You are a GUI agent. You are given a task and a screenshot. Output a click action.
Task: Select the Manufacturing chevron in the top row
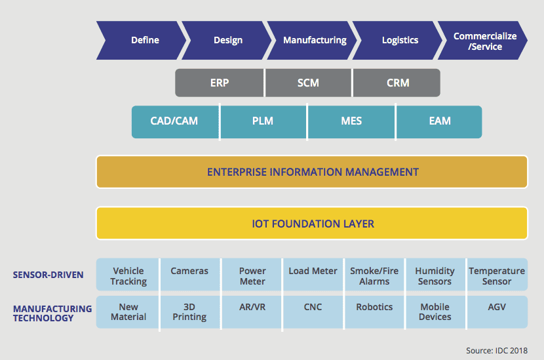313,40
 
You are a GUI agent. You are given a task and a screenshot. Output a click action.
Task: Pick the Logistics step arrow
399,40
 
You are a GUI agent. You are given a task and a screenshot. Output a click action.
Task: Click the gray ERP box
220,83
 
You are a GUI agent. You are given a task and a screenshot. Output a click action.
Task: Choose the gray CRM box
397,83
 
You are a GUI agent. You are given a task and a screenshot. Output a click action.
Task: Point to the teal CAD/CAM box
175,121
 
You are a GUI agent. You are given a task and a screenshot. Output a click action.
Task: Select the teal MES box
351,121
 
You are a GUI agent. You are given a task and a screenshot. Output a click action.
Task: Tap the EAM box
439,121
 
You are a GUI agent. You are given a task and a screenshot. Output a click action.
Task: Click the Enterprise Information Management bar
312,172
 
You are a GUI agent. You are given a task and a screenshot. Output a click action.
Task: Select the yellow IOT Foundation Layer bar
312,224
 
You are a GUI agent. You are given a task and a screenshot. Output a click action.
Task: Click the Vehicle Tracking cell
128,275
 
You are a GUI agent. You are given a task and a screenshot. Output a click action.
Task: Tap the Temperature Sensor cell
497,275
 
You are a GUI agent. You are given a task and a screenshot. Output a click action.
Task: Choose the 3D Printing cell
189,311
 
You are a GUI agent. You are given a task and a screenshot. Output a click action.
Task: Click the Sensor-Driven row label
48,275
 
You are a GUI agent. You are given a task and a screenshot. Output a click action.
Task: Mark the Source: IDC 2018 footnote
495,351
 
